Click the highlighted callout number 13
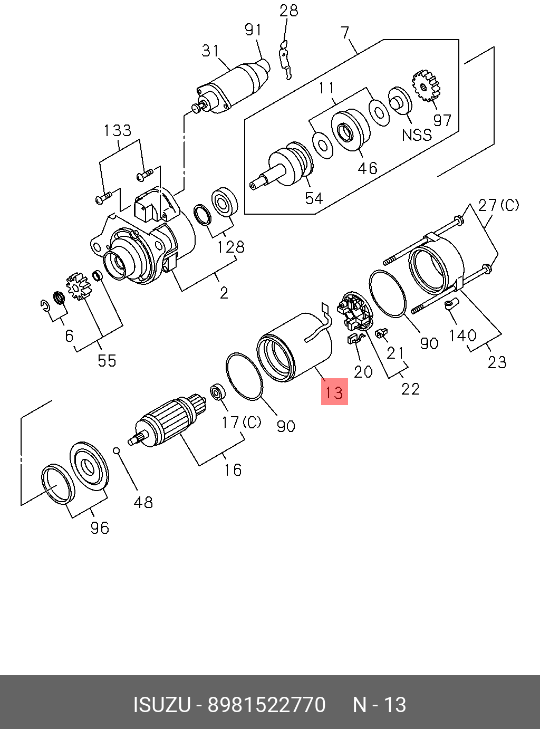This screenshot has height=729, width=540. (x=334, y=392)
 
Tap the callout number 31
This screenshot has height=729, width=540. (x=210, y=51)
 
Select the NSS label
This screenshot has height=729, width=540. (x=417, y=135)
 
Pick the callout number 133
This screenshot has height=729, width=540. (x=117, y=130)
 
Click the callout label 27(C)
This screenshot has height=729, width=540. (x=498, y=205)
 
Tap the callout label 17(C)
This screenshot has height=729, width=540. (x=241, y=422)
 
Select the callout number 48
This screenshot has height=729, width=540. (x=143, y=502)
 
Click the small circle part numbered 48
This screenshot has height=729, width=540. (x=117, y=450)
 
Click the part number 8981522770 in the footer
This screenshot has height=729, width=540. (x=267, y=705)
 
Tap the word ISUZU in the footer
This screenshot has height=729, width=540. (x=161, y=705)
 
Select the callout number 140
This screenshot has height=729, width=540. (x=463, y=335)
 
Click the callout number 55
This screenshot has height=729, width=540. (x=107, y=360)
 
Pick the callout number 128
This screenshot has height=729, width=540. (x=230, y=246)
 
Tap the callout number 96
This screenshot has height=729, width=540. (x=99, y=527)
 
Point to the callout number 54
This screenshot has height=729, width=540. (x=314, y=198)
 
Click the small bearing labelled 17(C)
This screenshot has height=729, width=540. (x=217, y=393)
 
